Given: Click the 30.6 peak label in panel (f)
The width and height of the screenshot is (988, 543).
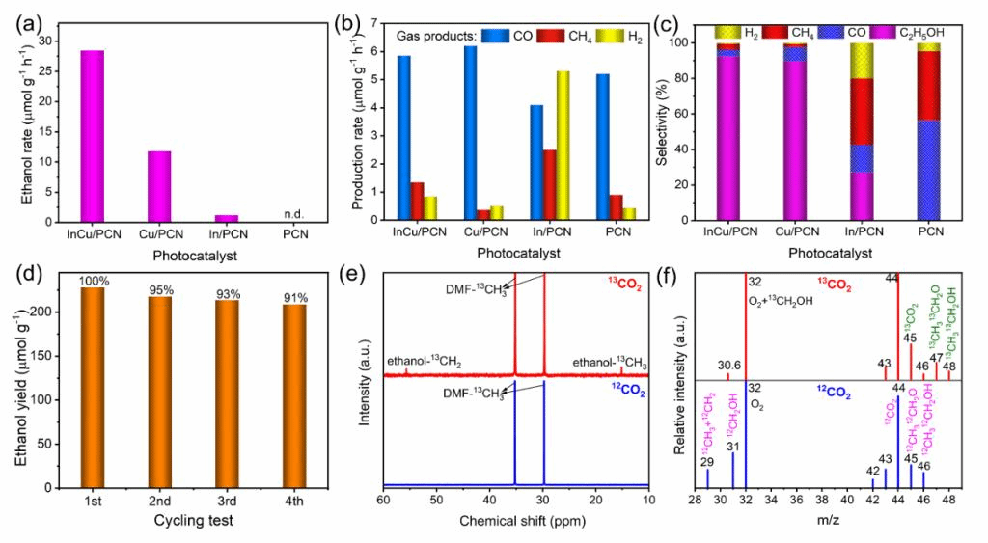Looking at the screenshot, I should [730, 365].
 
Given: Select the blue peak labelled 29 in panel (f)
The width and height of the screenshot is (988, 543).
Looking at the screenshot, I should [708, 477].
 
